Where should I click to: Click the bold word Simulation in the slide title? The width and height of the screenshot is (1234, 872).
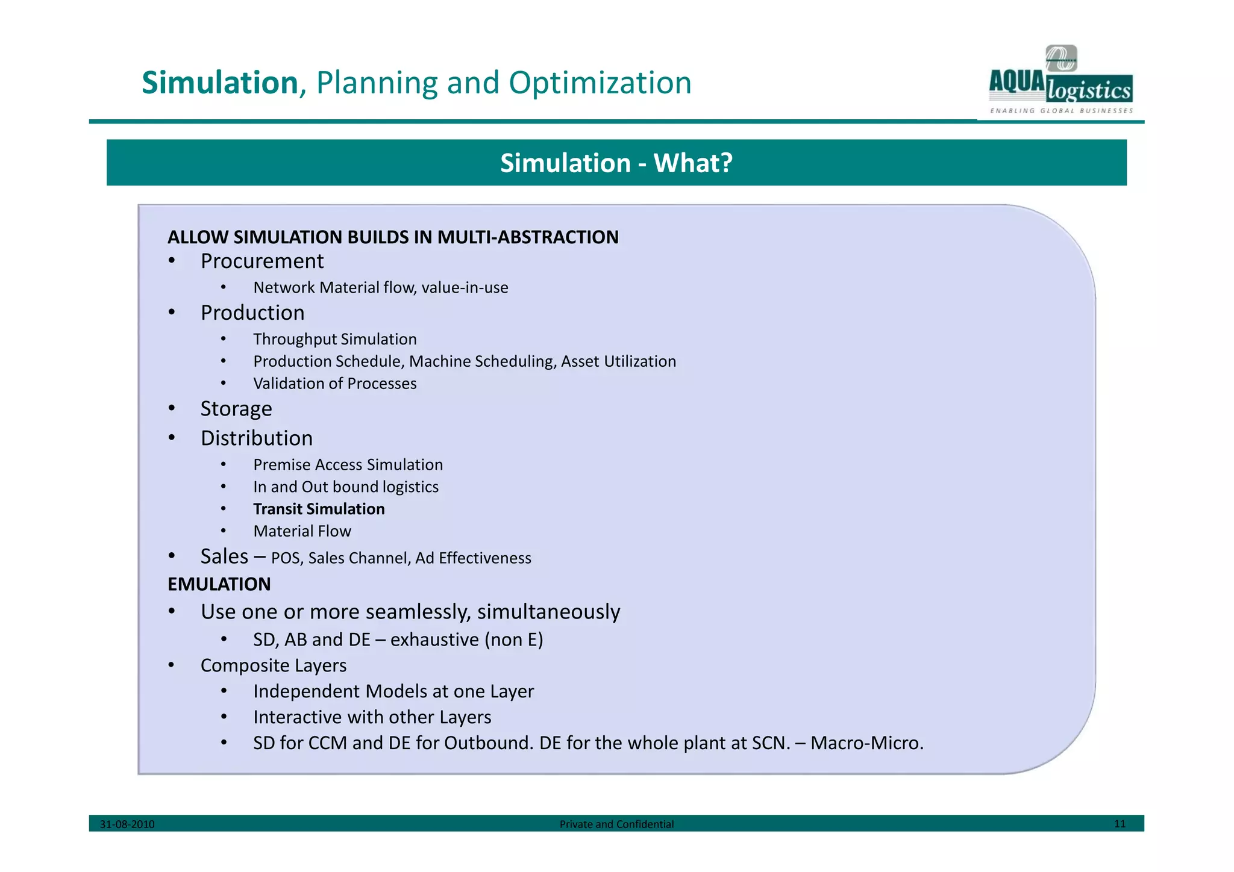pyautogui.click(x=220, y=83)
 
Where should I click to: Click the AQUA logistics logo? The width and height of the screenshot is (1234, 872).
pyautogui.click(x=1060, y=81)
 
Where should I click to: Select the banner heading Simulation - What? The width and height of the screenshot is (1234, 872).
pyautogui.click(x=616, y=163)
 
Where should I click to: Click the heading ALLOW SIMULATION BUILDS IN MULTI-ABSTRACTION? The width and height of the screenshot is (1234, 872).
pyautogui.click(x=393, y=237)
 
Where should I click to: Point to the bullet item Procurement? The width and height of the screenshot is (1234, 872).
pyautogui.click(x=262, y=261)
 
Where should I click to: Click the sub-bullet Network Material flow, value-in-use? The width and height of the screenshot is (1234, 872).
pyautogui.click(x=380, y=288)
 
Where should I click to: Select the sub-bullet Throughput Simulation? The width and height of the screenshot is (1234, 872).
pyautogui.click(x=334, y=339)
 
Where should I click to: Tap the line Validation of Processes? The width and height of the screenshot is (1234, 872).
pyautogui.click(x=334, y=384)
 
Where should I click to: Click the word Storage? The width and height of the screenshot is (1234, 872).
pyautogui.click(x=236, y=409)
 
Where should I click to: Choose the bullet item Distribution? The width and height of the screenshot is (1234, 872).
pyautogui.click(x=257, y=438)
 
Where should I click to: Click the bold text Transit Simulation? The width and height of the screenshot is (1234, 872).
pyautogui.click(x=319, y=509)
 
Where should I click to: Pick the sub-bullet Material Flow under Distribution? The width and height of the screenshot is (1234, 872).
pyautogui.click(x=302, y=531)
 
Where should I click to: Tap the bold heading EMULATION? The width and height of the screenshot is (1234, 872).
pyautogui.click(x=219, y=584)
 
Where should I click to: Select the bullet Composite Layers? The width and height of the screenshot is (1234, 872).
pyautogui.click(x=274, y=665)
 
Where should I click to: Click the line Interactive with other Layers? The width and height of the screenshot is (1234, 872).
pyautogui.click(x=372, y=717)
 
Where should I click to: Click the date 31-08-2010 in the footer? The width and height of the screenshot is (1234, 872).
pyautogui.click(x=127, y=824)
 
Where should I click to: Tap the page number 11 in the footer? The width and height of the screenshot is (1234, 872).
pyautogui.click(x=1120, y=824)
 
